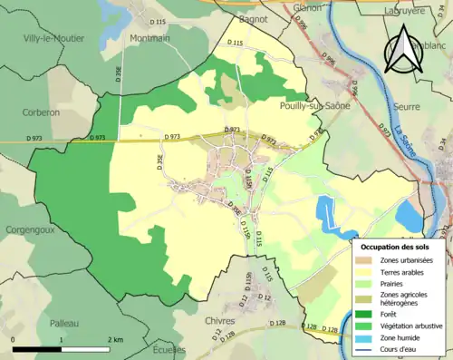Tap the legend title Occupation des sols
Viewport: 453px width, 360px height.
395,247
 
